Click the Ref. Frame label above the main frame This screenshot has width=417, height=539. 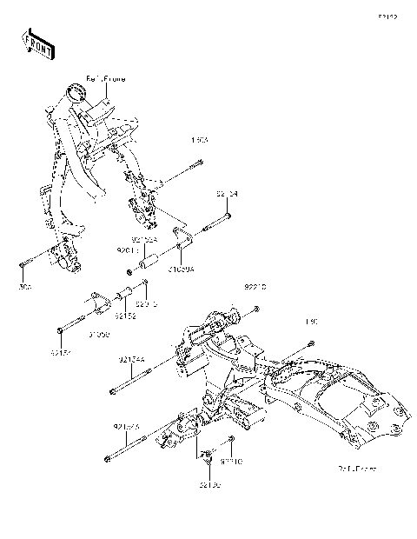click(x=106, y=78)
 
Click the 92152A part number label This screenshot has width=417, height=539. click(x=144, y=238)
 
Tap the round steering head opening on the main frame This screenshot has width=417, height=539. click(x=75, y=88)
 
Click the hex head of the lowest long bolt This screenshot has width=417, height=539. click(x=106, y=460)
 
